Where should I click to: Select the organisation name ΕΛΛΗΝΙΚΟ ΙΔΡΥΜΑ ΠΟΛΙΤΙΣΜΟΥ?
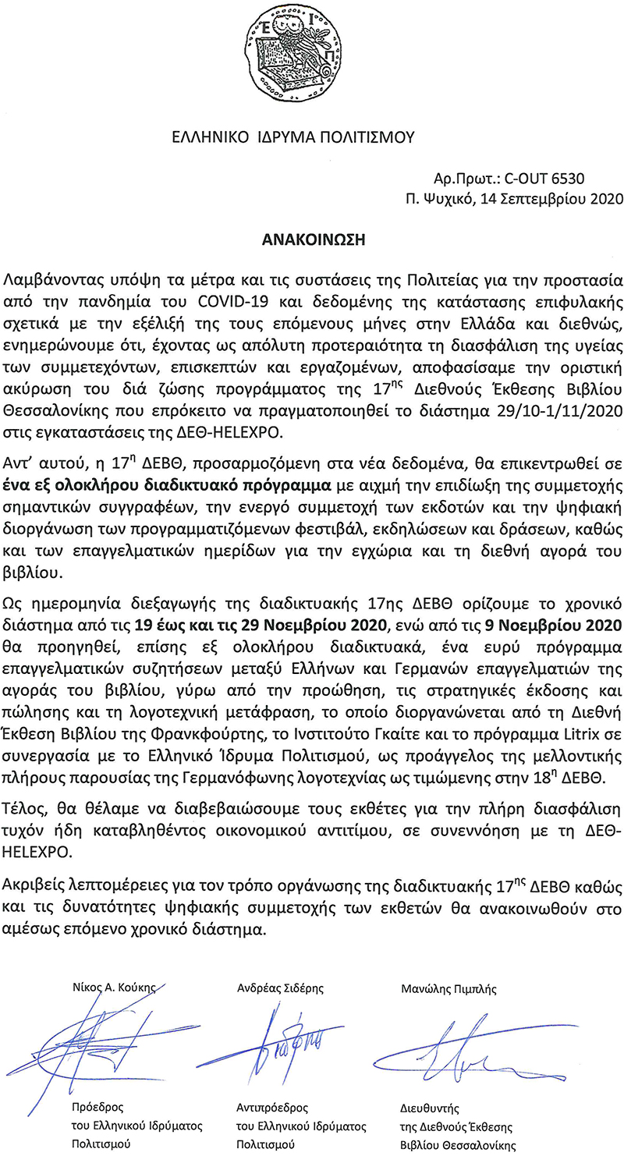[x=293, y=138]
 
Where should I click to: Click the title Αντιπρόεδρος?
[x=271, y=1107]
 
